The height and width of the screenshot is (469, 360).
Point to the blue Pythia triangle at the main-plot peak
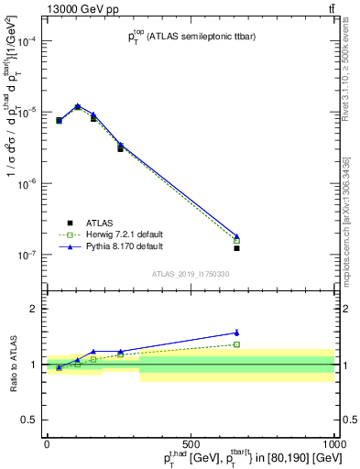pos(77,106)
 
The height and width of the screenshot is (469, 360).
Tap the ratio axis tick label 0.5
pos(29,420)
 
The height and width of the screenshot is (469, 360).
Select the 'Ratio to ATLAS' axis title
pos(12,364)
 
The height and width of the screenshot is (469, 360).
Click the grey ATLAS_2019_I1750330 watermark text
pos(190,274)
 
